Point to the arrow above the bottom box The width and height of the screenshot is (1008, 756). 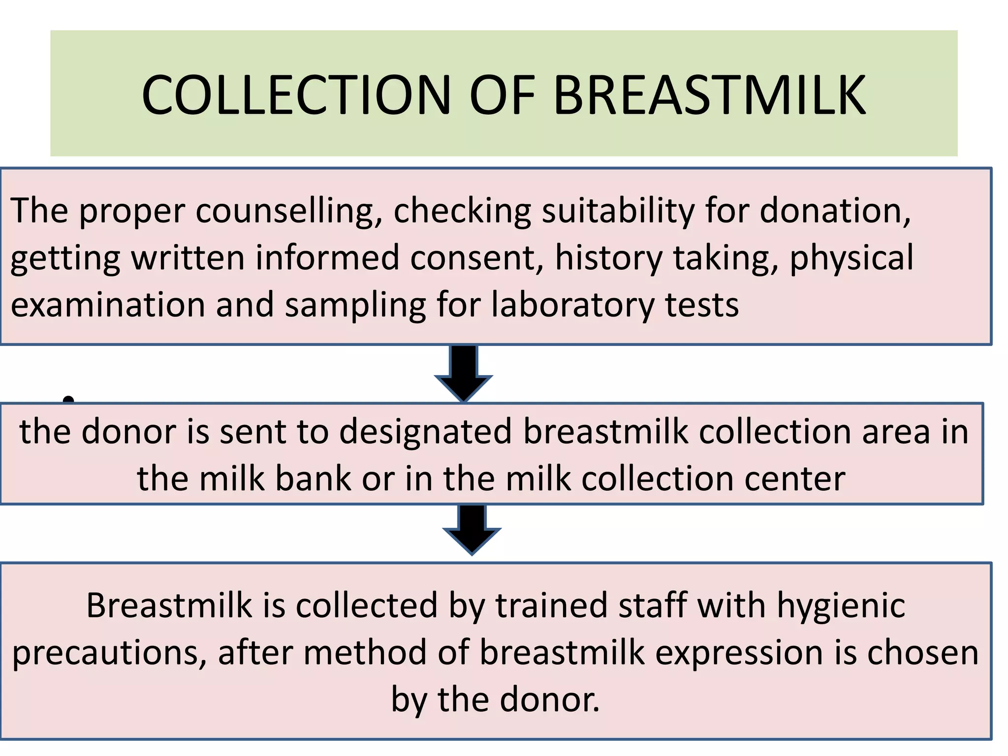[472, 529]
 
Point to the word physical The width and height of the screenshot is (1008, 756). [851, 258]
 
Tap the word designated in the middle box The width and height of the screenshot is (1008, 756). [425, 432]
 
